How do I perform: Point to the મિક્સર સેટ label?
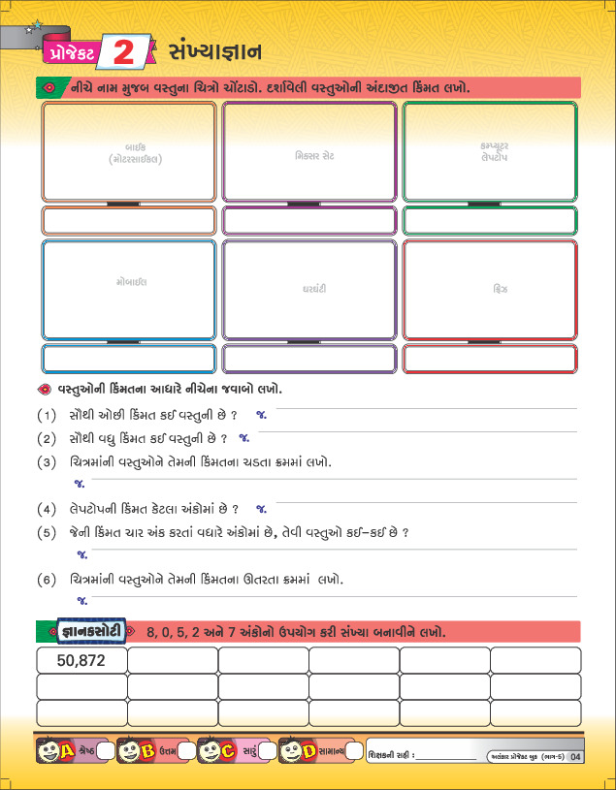[x=309, y=154]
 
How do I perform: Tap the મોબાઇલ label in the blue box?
[x=129, y=282]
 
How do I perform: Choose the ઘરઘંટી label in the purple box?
[x=308, y=289]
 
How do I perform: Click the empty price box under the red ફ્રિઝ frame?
[x=490, y=359]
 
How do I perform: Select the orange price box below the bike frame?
[x=129, y=221]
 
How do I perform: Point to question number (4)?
[x=46, y=508]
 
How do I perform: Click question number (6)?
[x=46, y=580]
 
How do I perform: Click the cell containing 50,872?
[x=81, y=660]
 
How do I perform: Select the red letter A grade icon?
[x=68, y=751]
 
